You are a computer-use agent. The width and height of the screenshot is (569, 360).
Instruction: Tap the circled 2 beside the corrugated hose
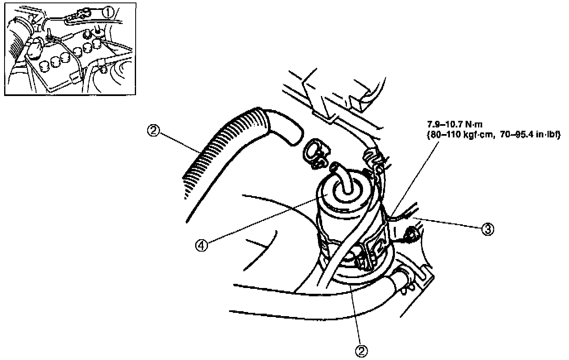click(153, 131)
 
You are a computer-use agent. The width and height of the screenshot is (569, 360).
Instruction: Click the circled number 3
click(488, 228)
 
